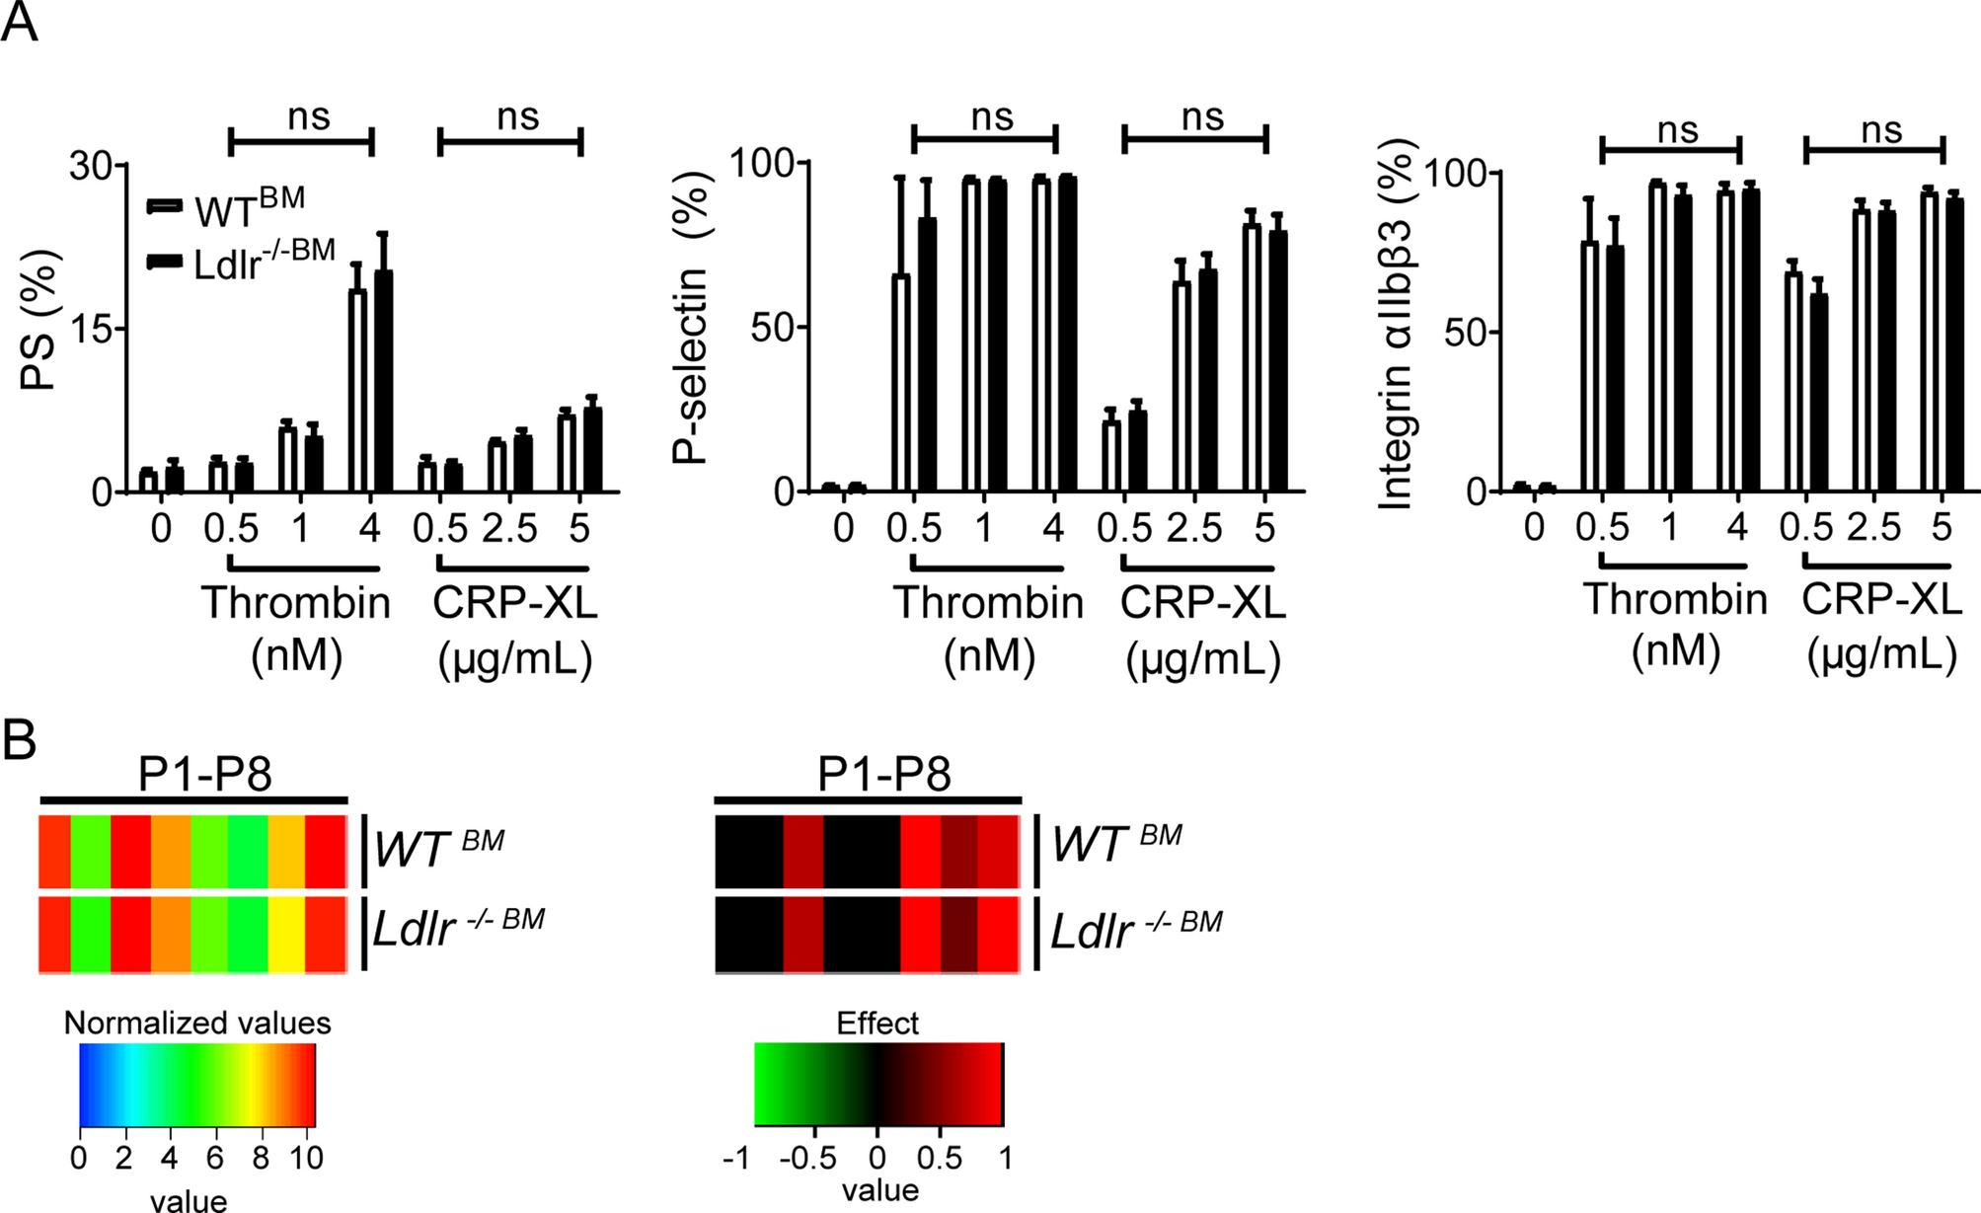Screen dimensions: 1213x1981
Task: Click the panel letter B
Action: [x=20, y=740]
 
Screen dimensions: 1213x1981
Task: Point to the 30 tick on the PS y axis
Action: [x=90, y=166]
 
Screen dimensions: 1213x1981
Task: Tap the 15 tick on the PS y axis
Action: [x=92, y=329]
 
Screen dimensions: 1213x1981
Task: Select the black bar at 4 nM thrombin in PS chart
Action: [x=383, y=380]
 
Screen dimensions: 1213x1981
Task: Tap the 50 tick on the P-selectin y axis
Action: [x=773, y=328]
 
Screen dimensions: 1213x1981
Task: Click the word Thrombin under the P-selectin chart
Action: [x=988, y=602]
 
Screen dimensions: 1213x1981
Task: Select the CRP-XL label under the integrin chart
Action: [x=1881, y=599]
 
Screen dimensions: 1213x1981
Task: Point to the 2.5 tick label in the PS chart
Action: [x=509, y=529]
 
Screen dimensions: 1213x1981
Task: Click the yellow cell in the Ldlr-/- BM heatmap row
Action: [x=286, y=934]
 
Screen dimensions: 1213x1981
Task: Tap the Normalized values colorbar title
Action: [x=197, y=1023]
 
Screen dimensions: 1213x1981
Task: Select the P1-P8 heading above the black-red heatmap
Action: [x=883, y=775]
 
